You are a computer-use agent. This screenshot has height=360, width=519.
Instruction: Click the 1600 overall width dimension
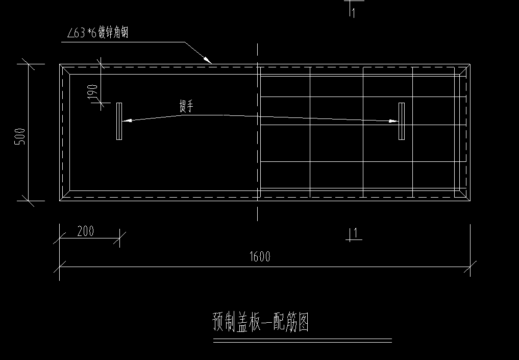(x=260, y=256)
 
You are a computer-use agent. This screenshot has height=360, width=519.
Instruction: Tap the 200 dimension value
(x=86, y=231)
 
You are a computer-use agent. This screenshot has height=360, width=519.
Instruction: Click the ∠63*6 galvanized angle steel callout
(x=97, y=34)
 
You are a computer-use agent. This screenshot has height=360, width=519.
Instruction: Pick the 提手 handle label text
(x=186, y=106)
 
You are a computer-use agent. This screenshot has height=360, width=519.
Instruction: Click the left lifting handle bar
(x=119, y=121)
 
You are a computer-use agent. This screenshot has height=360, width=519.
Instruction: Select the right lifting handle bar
(x=402, y=121)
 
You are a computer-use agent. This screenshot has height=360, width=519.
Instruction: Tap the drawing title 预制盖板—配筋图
(x=260, y=323)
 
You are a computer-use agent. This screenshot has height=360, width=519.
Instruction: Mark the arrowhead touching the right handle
(x=393, y=121)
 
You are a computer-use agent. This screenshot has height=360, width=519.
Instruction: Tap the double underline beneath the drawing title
(x=302, y=341)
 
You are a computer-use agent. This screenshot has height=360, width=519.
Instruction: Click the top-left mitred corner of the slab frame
(x=65, y=69)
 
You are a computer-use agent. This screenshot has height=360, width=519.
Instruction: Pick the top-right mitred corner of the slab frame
(x=464, y=69)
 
